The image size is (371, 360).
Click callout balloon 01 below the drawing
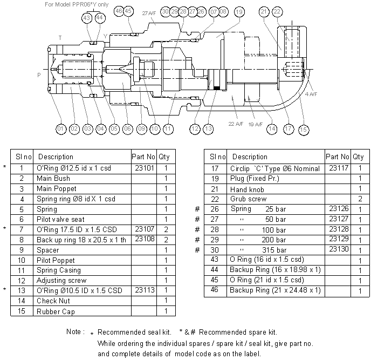pos(60,129)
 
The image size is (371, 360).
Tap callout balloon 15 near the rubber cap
pos(304,129)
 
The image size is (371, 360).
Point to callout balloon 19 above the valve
pos(239,11)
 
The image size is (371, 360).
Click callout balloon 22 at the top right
pos(277,11)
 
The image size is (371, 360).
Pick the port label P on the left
pos(39,76)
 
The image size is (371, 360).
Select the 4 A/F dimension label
pos(311,94)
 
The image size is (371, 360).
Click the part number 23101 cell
pos(143,168)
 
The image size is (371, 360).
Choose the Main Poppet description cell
pos(56,188)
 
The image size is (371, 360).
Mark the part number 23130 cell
pos(337,249)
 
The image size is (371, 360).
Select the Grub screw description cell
pos(248,199)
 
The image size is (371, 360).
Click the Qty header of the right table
pos(358,157)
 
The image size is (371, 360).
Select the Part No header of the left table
pos(143,157)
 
